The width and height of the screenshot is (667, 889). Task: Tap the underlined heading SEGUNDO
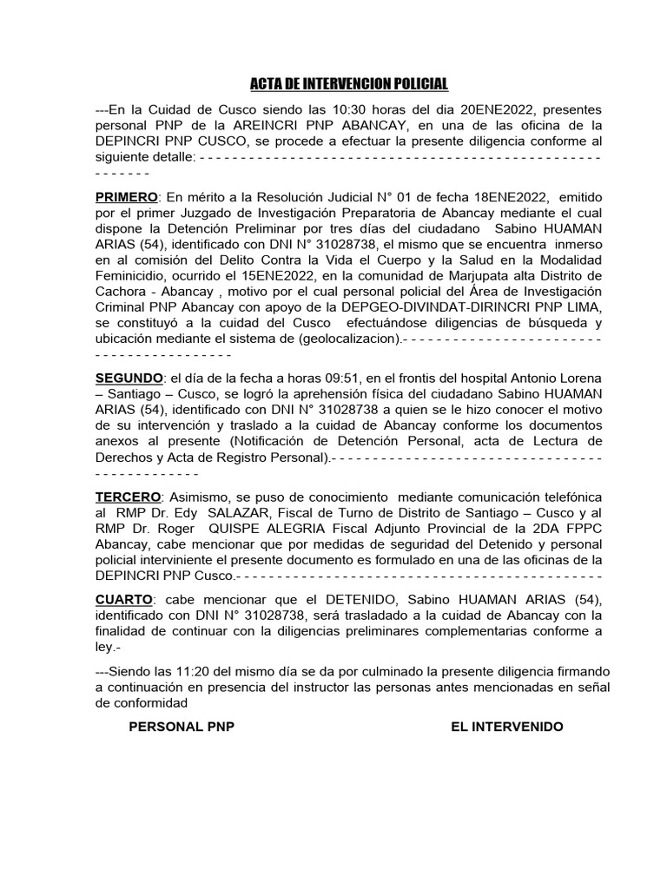129,379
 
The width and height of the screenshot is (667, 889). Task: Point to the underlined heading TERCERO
128,497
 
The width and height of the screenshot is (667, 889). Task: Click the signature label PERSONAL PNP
182,727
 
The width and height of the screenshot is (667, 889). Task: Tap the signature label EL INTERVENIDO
506,727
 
